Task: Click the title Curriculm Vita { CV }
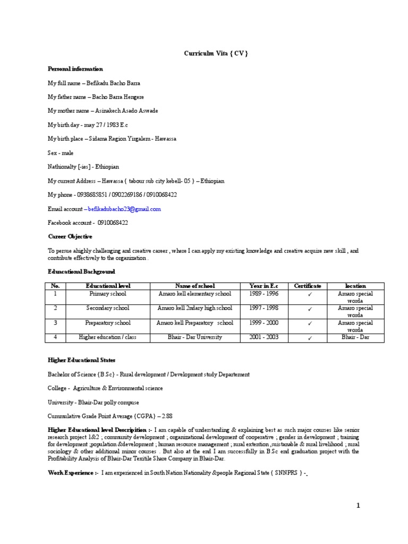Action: [x=216, y=54]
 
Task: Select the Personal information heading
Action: [x=75, y=69]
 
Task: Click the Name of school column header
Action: [x=194, y=286]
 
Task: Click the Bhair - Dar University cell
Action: [x=194, y=337]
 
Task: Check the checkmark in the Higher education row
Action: [x=308, y=338]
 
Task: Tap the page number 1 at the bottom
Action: [x=358, y=506]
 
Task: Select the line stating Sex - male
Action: [x=62, y=152]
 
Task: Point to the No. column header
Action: [x=55, y=286]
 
